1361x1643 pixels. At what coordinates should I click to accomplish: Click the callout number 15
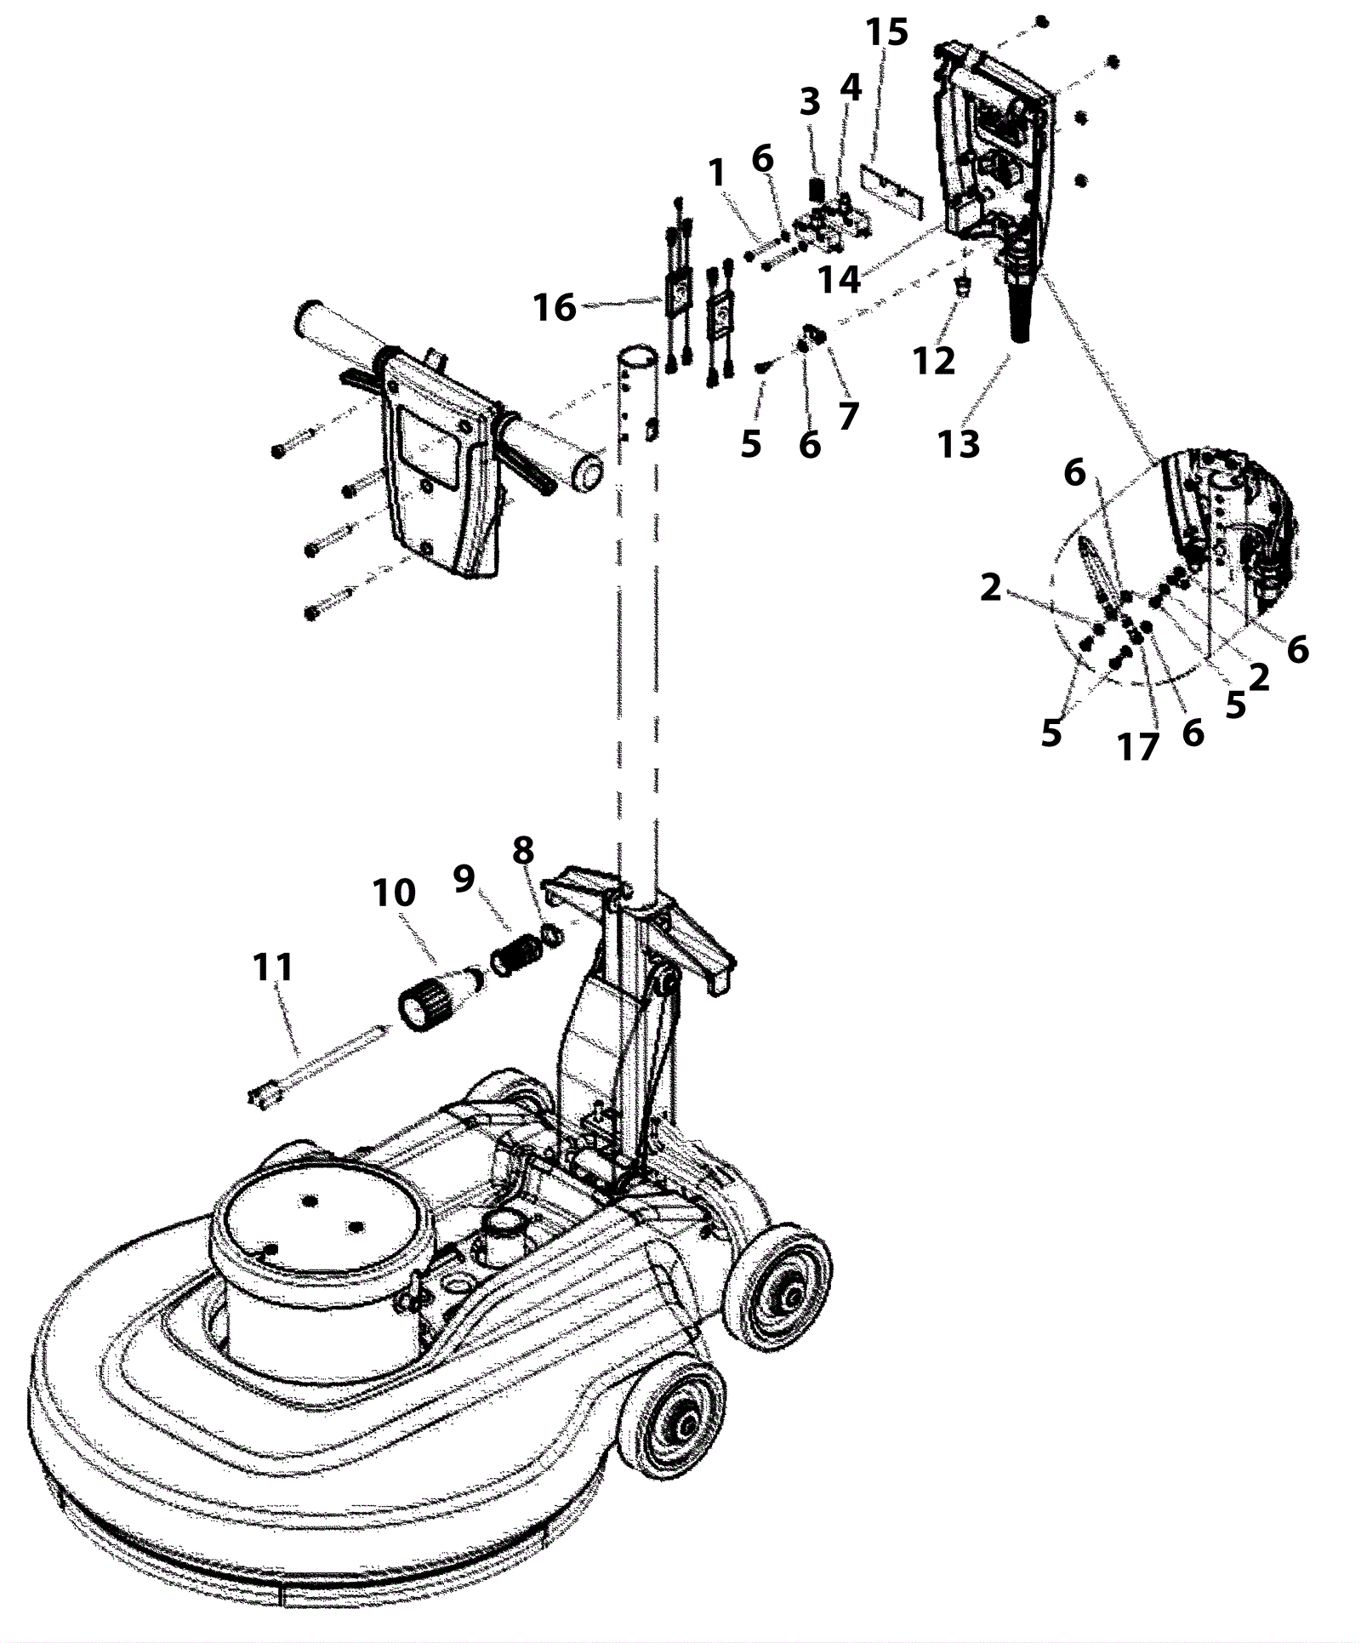coord(886,32)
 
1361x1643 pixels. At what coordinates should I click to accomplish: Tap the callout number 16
coord(555,307)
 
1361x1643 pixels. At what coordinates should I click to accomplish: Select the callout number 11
coord(273,967)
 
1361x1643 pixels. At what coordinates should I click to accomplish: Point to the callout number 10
coord(394,893)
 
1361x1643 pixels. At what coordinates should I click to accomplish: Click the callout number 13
coord(959,443)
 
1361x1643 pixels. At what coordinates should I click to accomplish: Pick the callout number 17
coord(1138,747)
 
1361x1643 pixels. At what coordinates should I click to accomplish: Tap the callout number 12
coord(934,361)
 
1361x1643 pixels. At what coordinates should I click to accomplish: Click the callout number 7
coord(848,416)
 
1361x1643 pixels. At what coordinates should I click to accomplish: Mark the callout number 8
coord(523,850)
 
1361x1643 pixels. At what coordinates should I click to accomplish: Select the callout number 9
coord(464,879)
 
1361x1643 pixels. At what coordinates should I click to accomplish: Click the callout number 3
coord(810,102)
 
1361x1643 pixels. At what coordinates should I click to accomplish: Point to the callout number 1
coord(717,174)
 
